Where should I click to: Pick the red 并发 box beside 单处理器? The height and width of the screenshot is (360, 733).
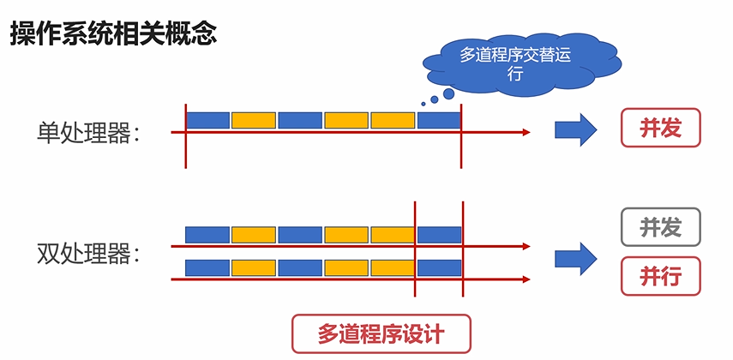660,129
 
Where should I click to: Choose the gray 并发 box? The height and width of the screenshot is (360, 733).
660,227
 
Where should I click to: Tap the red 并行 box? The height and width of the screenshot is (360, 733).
660,276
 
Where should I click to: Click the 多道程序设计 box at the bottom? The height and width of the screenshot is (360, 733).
382,333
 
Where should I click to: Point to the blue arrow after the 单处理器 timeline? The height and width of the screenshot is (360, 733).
574,129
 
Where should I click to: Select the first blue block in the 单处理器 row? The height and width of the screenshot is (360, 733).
208,120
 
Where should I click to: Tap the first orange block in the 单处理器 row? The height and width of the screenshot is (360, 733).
254,120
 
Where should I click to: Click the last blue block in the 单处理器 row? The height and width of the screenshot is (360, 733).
439,120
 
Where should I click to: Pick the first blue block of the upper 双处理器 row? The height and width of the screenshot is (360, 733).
208,235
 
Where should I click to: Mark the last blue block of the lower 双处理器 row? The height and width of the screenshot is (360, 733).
439,267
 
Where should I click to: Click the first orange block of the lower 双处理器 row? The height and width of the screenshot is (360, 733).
254,267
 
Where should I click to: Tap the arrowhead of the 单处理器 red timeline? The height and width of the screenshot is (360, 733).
526,132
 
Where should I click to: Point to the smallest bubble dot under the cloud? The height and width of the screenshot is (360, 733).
423,105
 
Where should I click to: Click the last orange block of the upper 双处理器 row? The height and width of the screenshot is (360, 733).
393,235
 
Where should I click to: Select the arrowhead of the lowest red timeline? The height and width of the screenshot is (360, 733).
526,279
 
